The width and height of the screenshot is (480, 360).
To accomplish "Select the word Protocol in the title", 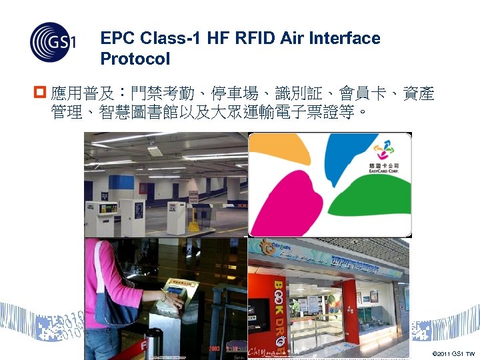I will click(x=135, y=59).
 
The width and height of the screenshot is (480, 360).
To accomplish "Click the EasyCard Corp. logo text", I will click(x=387, y=168).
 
